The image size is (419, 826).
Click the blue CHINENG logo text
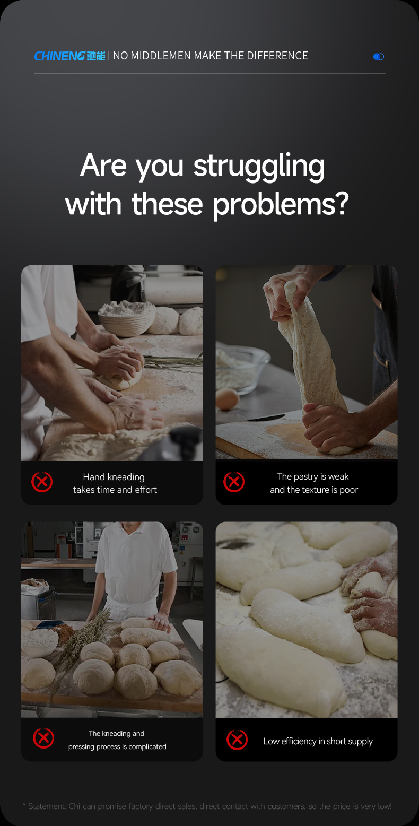60,56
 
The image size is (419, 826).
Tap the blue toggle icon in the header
379,56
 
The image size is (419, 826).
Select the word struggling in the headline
259,167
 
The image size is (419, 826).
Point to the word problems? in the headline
281,205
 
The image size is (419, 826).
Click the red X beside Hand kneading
42,482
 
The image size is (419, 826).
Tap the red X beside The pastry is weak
234,482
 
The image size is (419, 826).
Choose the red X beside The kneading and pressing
43,738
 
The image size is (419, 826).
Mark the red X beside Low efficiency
237,740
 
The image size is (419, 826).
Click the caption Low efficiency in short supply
318,741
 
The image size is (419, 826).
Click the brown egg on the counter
228,399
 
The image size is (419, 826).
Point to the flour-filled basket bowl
127,318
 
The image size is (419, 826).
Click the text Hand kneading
114,477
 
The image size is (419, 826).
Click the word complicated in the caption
147,747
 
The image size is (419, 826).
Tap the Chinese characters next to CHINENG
96,56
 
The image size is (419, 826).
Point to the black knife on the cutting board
265,418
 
